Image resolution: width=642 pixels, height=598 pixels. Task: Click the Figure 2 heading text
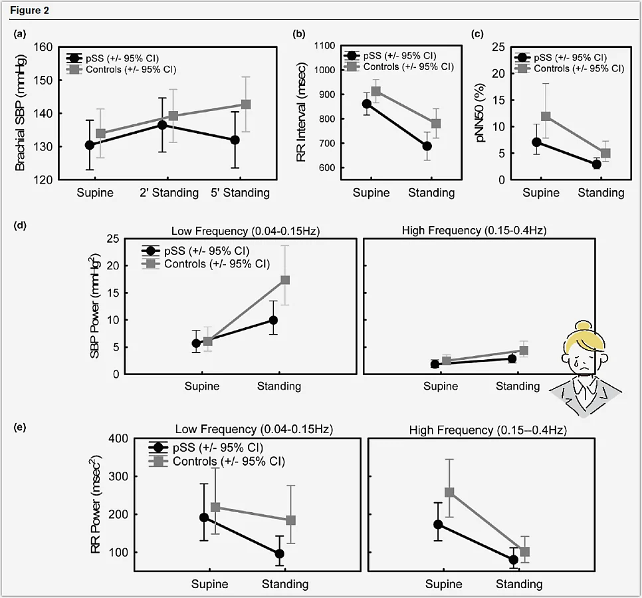(x=29, y=11)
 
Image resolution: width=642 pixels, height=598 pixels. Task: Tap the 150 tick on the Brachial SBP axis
(x=43, y=80)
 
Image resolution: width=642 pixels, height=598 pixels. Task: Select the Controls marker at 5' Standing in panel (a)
(x=246, y=104)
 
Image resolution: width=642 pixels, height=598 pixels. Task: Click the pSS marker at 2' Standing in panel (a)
(x=163, y=125)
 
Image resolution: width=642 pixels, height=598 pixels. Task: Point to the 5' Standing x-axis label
(x=241, y=193)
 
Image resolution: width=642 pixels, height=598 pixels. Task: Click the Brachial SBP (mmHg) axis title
(x=20, y=114)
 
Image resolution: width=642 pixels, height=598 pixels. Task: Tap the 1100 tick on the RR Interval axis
(x=324, y=45)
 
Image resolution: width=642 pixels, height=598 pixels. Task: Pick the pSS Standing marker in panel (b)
(x=427, y=146)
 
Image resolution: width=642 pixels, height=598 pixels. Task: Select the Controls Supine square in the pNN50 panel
(x=546, y=116)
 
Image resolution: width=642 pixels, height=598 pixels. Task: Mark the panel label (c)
(x=477, y=34)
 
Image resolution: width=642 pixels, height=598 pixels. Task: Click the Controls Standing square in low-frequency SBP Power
(x=285, y=280)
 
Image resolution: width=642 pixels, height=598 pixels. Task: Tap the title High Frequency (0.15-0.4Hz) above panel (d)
(x=474, y=230)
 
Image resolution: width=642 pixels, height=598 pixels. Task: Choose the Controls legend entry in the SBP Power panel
(x=206, y=264)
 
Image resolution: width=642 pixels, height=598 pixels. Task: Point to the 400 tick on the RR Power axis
(x=118, y=439)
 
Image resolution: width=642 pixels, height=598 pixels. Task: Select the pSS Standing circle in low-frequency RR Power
(x=280, y=553)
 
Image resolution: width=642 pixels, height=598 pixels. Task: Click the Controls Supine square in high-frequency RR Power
(x=449, y=492)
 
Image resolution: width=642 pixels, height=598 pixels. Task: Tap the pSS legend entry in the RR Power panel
(x=206, y=448)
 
